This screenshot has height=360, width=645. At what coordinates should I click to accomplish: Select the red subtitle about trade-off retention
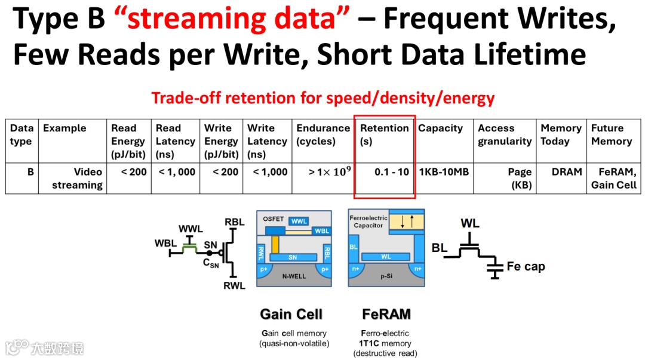(x=322, y=97)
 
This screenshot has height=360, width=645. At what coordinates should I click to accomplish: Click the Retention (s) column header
(x=384, y=134)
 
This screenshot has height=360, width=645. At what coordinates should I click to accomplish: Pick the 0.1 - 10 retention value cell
(x=392, y=172)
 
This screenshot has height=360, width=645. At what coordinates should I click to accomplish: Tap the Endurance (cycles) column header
(x=323, y=134)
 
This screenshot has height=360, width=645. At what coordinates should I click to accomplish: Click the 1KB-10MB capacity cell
(x=444, y=172)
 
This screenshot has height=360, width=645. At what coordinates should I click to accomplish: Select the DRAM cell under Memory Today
(x=567, y=172)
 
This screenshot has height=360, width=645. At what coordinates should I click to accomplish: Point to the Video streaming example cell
(x=77, y=178)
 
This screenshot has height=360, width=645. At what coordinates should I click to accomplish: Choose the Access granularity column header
(x=504, y=134)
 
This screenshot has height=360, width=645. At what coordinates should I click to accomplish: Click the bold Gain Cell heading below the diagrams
(x=291, y=314)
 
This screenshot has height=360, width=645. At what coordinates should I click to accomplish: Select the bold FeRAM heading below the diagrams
(x=386, y=314)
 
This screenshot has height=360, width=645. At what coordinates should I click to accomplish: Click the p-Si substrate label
(x=387, y=277)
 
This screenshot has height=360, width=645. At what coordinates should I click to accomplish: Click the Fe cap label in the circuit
(x=526, y=266)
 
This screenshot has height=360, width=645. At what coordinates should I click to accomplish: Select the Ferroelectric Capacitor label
(x=368, y=221)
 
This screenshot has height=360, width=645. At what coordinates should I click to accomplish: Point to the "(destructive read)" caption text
(x=385, y=353)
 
